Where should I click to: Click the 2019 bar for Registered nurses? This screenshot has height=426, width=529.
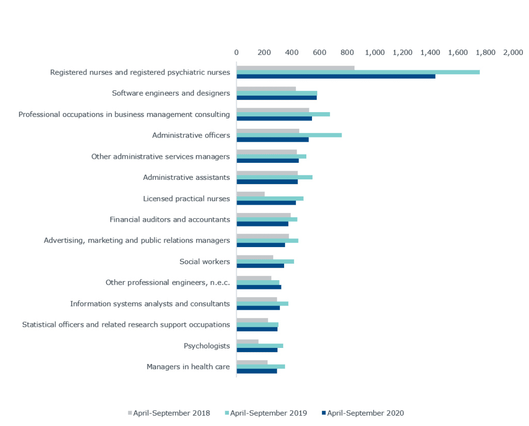[x=358, y=72]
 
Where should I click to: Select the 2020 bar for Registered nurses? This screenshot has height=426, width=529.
[x=336, y=77]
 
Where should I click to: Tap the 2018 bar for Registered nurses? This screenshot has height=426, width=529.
[x=295, y=68]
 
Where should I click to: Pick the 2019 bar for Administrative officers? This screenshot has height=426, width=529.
[x=289, y=135]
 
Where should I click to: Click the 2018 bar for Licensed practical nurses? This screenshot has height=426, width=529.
[x=251, y=194]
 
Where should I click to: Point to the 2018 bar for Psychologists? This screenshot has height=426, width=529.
[x=247, y=341]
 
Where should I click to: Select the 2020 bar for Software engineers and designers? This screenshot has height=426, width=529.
[x=277, y=98]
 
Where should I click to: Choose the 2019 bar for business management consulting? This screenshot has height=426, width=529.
[x=283, y=114]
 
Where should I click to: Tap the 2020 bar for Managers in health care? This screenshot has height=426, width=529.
[x=257, y=371]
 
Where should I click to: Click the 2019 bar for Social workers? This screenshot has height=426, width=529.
[x=266, y=261]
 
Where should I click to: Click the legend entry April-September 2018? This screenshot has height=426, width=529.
[x=169, y=413]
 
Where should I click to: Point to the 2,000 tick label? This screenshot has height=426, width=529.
[x=513, y=52]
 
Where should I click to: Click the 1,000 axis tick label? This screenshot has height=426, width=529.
[x=375, y=52]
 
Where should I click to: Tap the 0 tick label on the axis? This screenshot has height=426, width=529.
[x=237, y=52]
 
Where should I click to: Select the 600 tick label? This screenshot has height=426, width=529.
[x=319, y=52]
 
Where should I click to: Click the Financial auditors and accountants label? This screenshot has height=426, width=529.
[x=169, y=219]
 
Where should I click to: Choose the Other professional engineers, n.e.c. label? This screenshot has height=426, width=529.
[x=167, y=282]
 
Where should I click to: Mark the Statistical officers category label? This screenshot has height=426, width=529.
[x=126, y=325]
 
